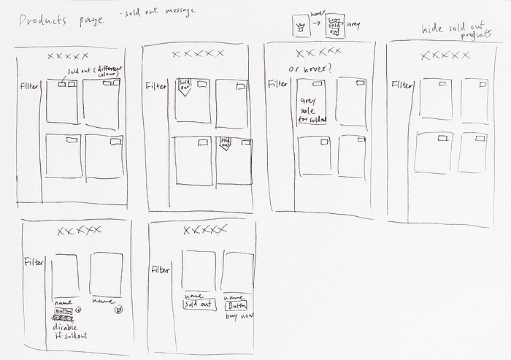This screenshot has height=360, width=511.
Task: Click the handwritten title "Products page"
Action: tap(61, 20)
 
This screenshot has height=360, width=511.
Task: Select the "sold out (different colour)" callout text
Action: tap(95, 74)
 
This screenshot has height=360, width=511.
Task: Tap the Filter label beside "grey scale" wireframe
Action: tap(277, 83)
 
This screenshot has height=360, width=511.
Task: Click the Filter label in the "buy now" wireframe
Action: tap(161, 270)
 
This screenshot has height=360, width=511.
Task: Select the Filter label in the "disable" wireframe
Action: tap(34, 261)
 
